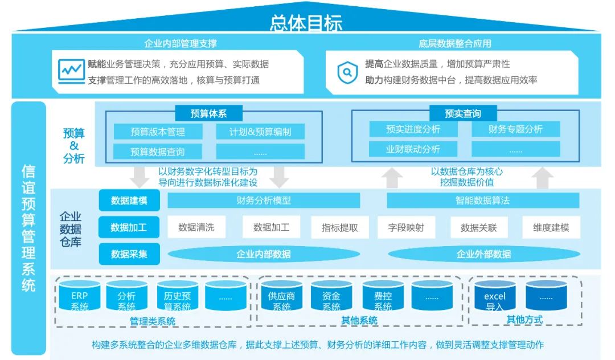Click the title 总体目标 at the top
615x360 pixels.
click(306, 23)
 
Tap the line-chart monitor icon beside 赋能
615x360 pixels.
click(71, 71)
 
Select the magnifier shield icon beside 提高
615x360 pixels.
click(346, 72)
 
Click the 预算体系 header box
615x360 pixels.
click(208, 113)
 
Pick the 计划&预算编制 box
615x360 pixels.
click(260, 132)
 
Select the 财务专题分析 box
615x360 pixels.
click(515, 129)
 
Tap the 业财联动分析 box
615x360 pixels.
click(413, 149)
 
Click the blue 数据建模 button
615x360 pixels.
click(129, 201)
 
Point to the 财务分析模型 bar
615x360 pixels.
click(264, 201)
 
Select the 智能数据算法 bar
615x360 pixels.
click(482, 201)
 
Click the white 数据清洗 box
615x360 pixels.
click(196, 227)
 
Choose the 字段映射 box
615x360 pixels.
click(406, 227)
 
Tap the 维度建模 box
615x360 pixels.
click(551, 227)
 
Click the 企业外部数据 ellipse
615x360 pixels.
click(483, 254)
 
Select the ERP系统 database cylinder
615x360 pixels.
click(80, 296)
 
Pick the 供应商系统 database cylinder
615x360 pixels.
click(281, 296)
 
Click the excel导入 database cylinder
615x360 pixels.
click(495, 296)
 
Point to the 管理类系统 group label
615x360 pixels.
click(152, 321)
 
